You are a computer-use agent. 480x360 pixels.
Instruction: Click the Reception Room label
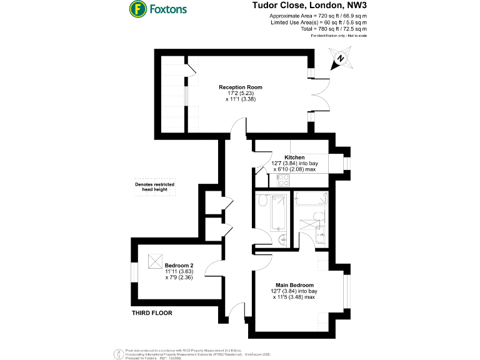(241, 87)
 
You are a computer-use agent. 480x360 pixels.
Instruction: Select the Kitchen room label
(294, 157)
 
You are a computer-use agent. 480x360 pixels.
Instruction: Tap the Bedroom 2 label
(178, 265)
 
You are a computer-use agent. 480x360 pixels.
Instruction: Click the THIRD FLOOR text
(152, 312)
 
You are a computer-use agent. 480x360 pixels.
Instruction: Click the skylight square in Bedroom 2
(155, 261)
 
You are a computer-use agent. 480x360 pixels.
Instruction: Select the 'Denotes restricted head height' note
(154, 187)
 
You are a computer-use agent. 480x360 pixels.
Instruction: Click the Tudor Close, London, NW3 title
(309, 6)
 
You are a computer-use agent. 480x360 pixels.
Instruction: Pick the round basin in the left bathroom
(282, 238)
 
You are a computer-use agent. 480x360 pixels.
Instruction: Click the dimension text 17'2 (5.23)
(241, 93)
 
